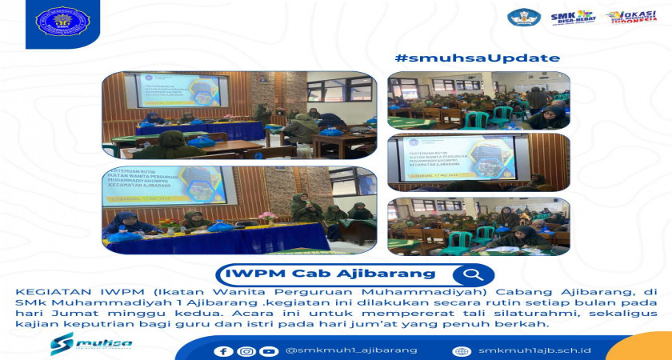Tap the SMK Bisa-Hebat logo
click(x=572, y=18)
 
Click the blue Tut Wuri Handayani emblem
click(x=524, y=18)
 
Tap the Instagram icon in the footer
click(x=246, y=351)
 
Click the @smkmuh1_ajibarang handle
click(x=351, y=350)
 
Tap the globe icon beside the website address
click(x=461, y=351)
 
